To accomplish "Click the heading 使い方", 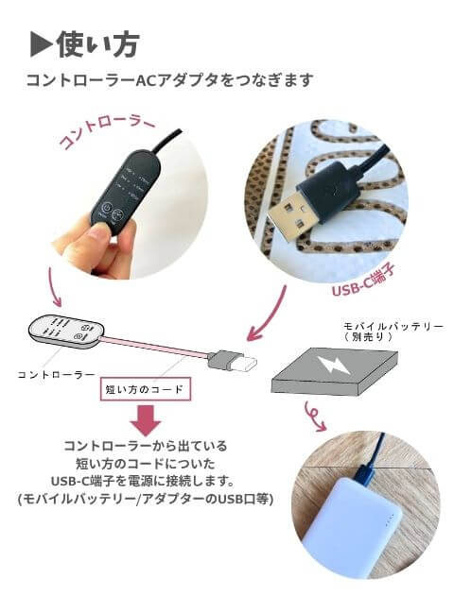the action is (97, 45).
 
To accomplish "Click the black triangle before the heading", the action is (41, 45).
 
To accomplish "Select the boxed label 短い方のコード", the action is (145, 389).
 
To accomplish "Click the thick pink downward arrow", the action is (146, 420).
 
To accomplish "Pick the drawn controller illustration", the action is (65, 332).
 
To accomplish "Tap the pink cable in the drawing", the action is (156, 347).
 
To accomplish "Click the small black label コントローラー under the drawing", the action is (57, 375).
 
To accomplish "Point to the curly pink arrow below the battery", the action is (314, 416).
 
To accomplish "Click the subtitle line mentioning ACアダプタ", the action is (170, 80).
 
